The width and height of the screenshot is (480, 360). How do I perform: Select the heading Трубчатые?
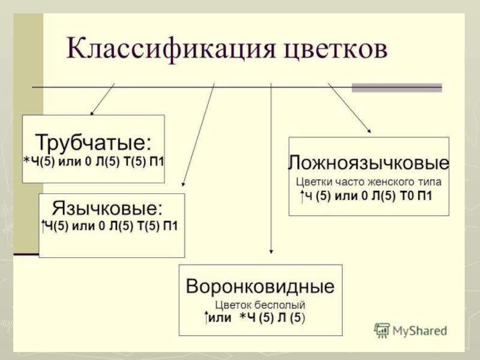tap(93, 143)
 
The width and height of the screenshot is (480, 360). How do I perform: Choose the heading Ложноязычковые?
tap(368, 163)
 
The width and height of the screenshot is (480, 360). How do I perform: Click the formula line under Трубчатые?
tap(94, 161)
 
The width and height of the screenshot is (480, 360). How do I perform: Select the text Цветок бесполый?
tap(260, 304)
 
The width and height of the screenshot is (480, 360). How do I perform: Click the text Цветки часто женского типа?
tap(368, 181)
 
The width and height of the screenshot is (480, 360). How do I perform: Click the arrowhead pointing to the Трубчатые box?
tap(92, 112)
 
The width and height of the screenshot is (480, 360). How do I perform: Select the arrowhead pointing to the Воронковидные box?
tap(272, 253)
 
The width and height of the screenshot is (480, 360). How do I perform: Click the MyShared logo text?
tap(420, 331)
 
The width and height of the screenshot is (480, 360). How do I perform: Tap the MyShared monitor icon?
tap(382, 330)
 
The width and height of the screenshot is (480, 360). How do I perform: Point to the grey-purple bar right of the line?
tap(397, 88)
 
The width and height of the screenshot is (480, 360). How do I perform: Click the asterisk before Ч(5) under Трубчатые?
tap(26, 161)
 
